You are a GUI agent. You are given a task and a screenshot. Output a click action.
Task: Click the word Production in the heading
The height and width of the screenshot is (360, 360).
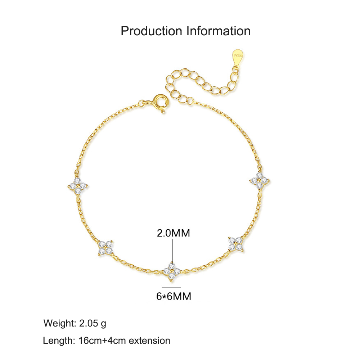tap(151, 31)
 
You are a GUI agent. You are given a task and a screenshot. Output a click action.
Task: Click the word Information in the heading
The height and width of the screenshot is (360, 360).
tap(219, 31)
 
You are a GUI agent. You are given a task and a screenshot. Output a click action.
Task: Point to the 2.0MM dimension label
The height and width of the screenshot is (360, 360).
tap(174, 233)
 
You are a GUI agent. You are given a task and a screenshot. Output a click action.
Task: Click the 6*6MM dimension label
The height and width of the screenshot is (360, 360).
tap(174, 296)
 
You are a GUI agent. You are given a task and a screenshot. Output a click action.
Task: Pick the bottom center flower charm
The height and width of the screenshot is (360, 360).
tap(171, 272)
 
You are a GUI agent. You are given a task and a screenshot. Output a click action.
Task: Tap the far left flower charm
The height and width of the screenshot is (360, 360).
tap(78, 185)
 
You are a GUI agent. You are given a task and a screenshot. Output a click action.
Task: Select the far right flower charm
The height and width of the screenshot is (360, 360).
tap(260, 181)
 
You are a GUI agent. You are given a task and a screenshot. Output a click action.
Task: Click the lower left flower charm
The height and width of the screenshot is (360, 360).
tap(105, 248)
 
